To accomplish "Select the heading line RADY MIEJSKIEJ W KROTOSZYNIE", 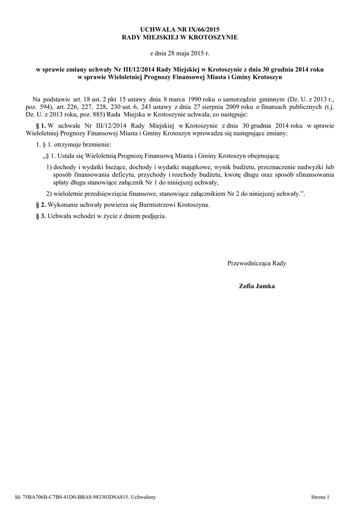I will point(180,37).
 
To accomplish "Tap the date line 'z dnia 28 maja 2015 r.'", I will point(180,52).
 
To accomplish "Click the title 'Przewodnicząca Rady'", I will point(256,263).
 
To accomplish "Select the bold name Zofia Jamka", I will point(256,286).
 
